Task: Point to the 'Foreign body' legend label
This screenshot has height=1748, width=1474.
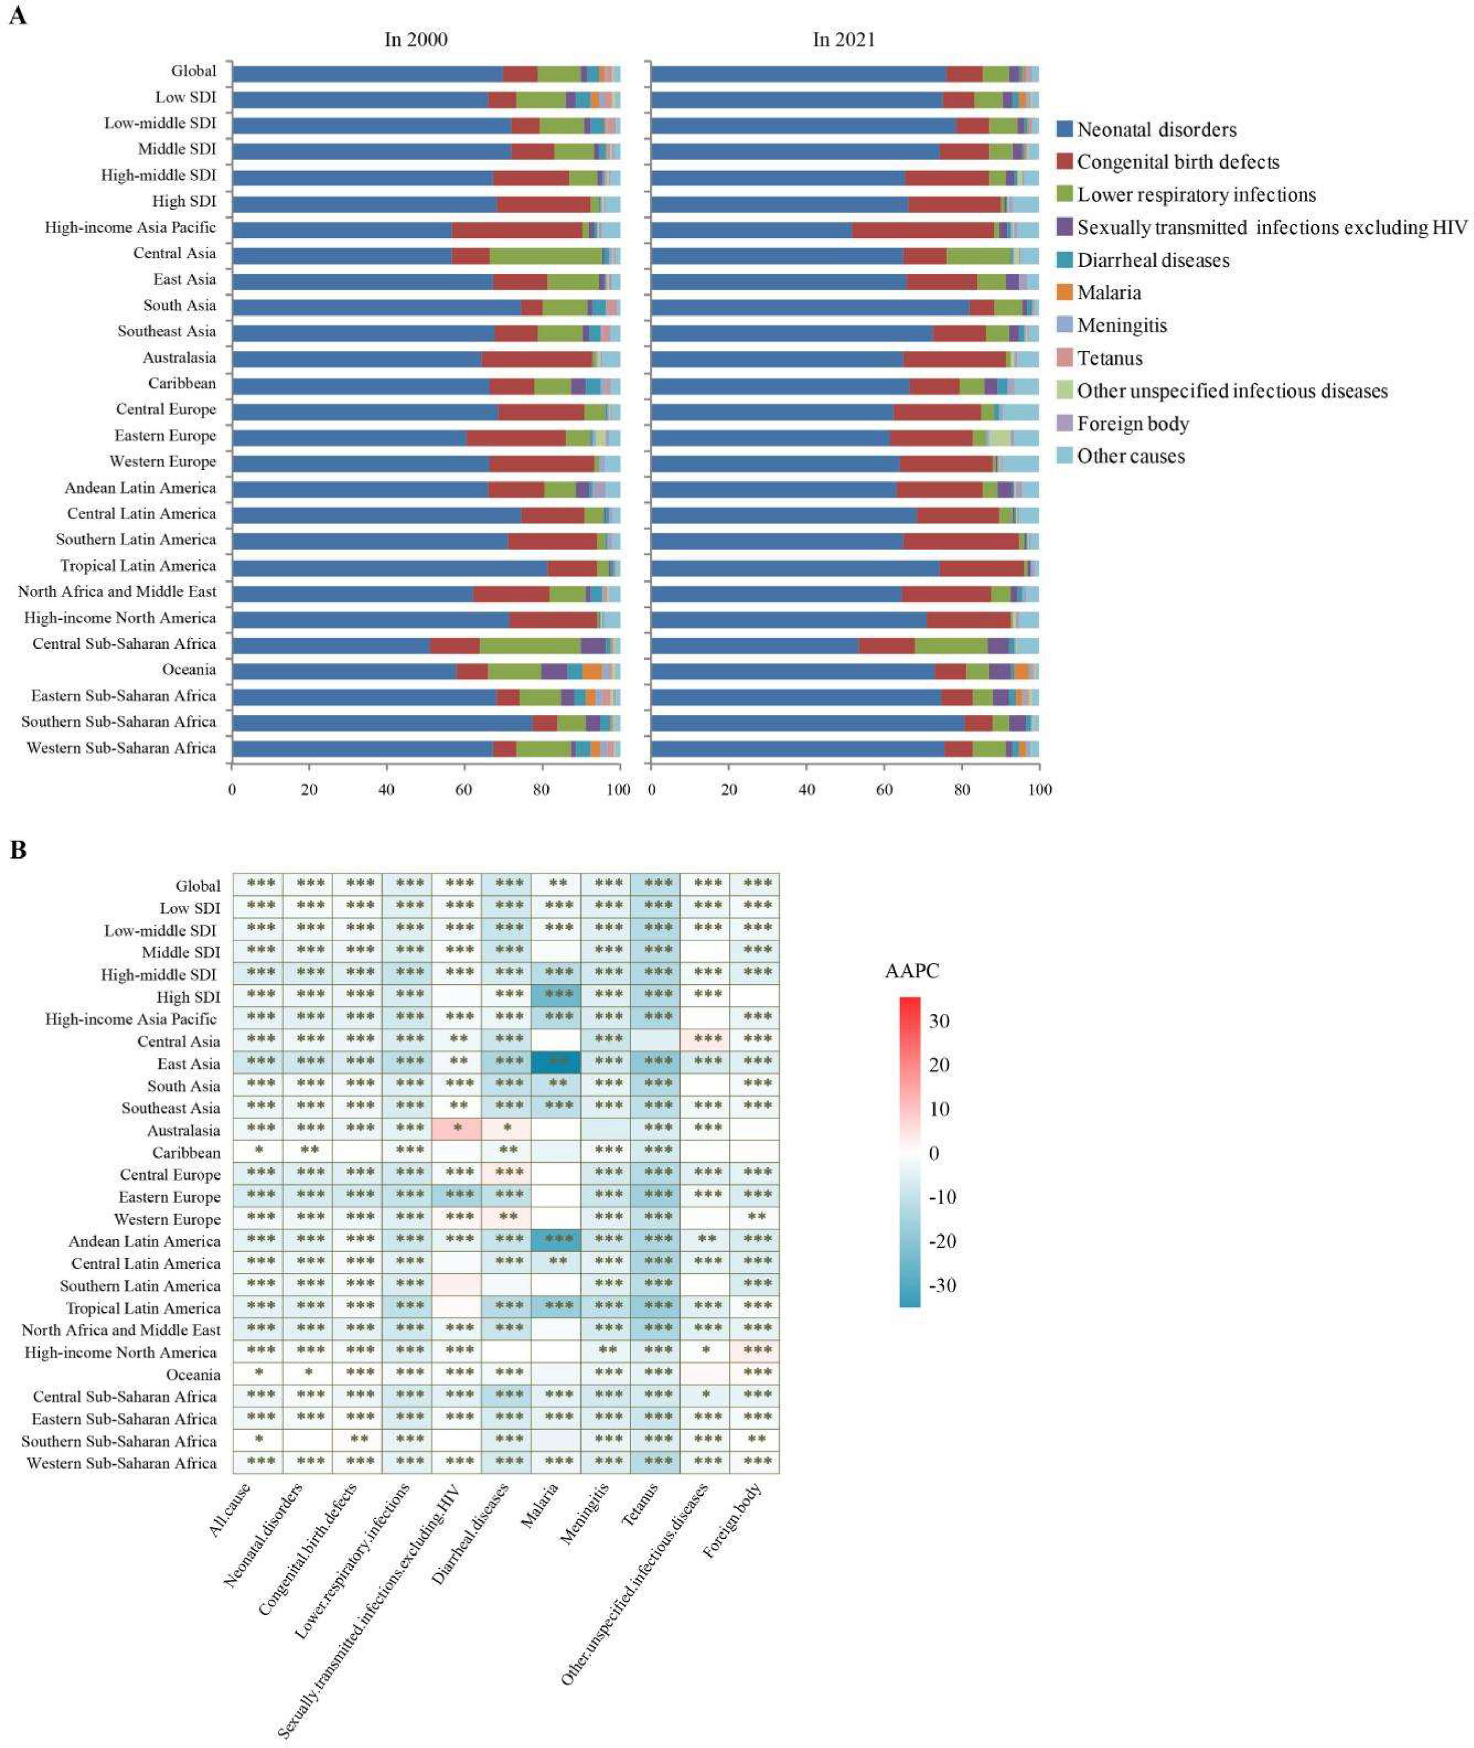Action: [1132, 424]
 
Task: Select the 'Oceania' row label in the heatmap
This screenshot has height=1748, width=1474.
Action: [192, 1375]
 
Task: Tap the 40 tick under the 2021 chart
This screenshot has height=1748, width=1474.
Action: [806, 788]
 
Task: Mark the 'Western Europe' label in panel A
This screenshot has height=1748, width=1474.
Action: [162, 461]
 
